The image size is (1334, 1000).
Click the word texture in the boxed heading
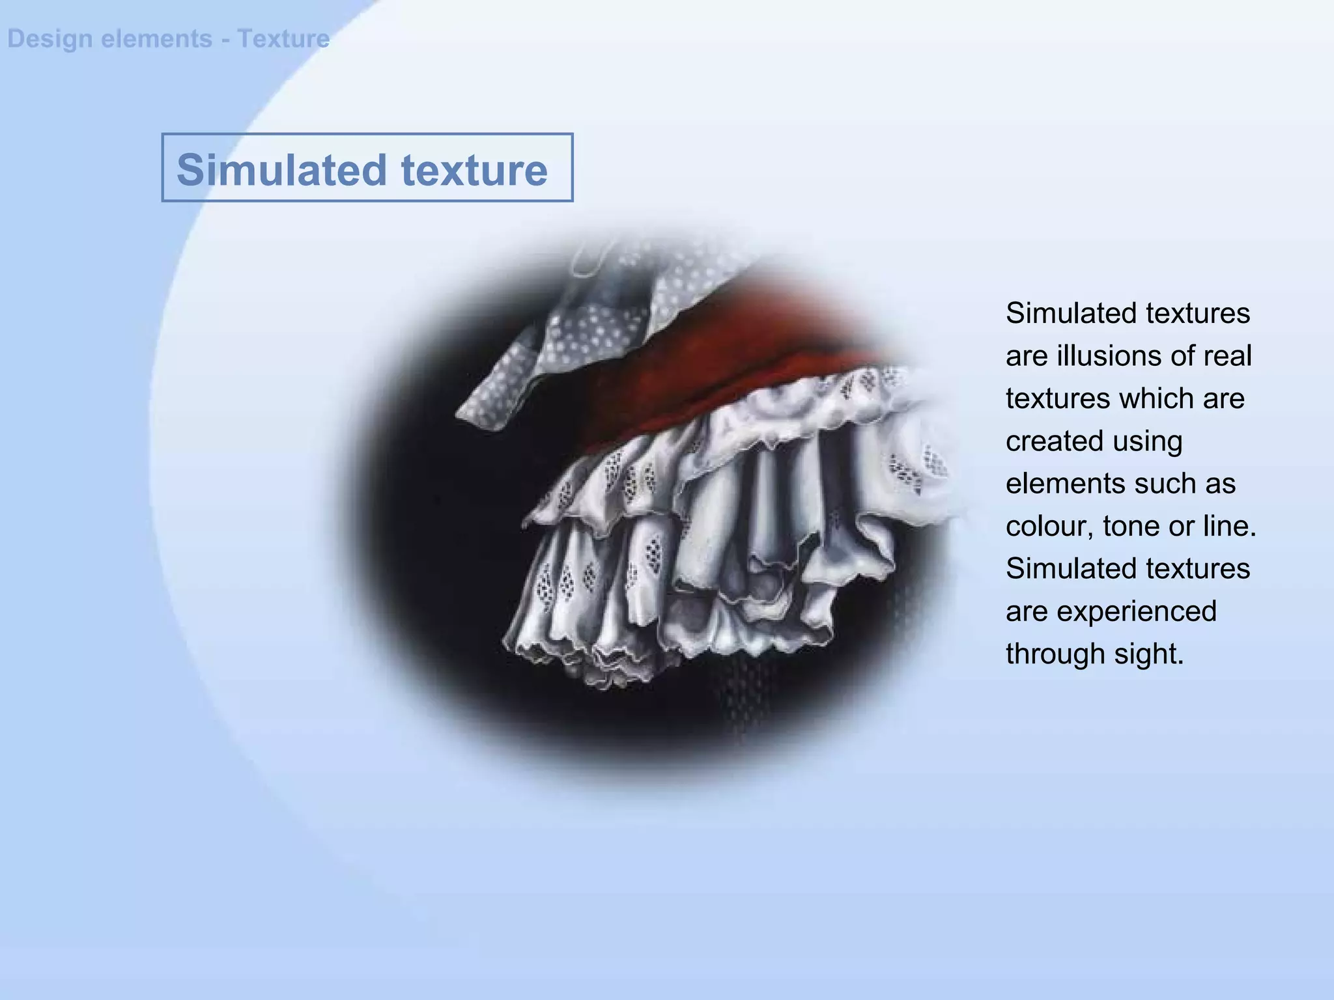474,171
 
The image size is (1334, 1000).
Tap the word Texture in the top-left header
283,39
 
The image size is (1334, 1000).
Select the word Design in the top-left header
50,39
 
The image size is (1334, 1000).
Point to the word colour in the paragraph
1048,526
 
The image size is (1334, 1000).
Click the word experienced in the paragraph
1136,611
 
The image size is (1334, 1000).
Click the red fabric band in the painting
684,378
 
